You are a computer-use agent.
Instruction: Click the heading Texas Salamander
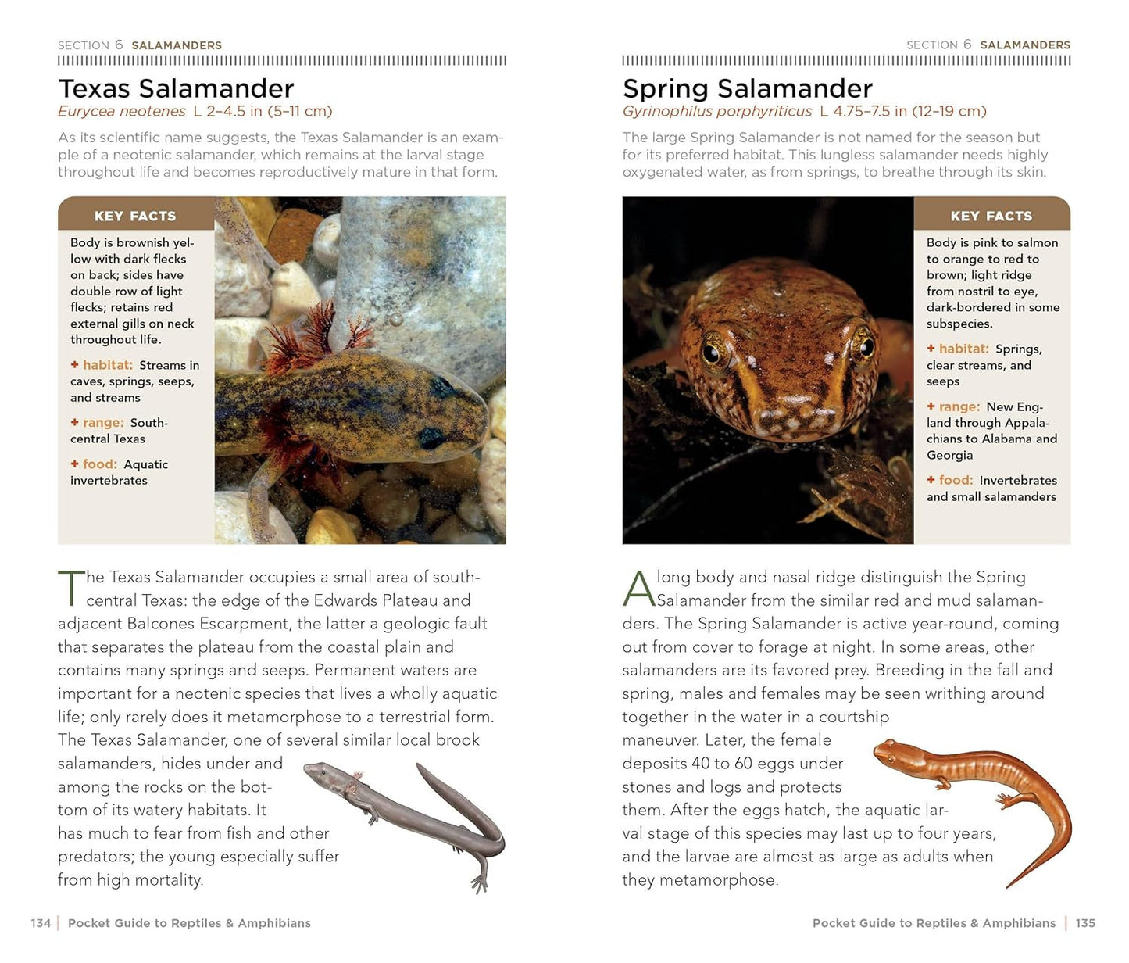pyautogui.click(x=176, y=88)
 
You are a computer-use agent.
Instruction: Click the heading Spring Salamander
pyautogui.click(x=747, y=88)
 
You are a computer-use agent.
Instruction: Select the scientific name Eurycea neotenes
pyautogui.click(x=121, y=112)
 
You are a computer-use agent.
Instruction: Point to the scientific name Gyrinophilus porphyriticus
pyautogui.click(x=716, y=112)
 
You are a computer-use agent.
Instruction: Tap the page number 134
pyautogui.click(x=41, y=923)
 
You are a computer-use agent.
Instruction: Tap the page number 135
pyautogui.click(x=1085, y=923)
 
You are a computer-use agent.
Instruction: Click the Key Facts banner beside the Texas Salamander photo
pyautogui.click(x=135, y=216)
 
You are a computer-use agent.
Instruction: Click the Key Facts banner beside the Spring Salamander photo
pyautogui.click(x=991, y=216)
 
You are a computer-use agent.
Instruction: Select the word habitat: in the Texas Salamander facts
pyautogui.click(x=108, y=365)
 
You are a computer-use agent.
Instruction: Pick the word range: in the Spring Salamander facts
pyautogui.click(x=959, y=406)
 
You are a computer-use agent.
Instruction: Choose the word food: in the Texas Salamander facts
pyautogui.click(x=99, y=464)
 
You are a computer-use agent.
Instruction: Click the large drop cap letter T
pyautogui.click(x=71, y=589)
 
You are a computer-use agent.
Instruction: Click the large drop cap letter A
pyautogui.click(x=638, y=589)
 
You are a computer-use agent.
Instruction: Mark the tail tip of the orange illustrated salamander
pyautogui.click(x=1009, y=886)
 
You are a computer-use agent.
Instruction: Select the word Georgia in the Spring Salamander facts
pyautogui.click(x=949, y=455)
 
